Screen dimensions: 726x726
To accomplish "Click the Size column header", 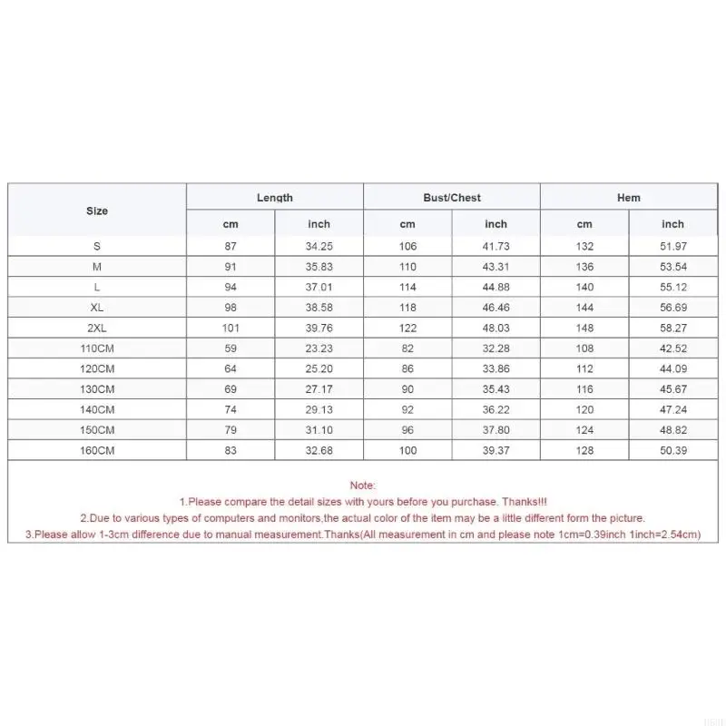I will tap(97, 211).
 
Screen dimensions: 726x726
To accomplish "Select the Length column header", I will tap(275, 198).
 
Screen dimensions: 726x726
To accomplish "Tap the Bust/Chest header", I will tap(452, 198).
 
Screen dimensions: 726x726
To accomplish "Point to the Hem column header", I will tap(629, 198).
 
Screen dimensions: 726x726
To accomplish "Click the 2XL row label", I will tap(97, 328).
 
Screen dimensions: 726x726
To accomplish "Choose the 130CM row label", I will tap(97, 388).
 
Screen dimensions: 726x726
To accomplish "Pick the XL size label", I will tap(97, 307).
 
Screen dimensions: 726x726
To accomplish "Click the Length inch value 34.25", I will tap(319, 246).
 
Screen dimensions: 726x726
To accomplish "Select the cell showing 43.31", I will tap(496, 267).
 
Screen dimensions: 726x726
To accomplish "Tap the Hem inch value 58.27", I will tap(672, 328).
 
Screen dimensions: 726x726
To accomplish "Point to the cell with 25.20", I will tap(319, 368).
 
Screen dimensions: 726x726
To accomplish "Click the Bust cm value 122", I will tap(407, 328).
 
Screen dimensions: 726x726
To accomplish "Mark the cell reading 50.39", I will tap(672, 450).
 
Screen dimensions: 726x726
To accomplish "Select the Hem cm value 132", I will tap(584, 246).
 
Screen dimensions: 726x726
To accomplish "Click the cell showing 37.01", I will tap(319, 287).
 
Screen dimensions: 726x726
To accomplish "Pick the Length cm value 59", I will tap(231, 348).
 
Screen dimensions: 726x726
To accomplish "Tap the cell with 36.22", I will tap(496, 409).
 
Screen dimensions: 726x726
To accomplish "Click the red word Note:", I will tap(362, 486).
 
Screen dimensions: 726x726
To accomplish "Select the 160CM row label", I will tap(97, 450).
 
